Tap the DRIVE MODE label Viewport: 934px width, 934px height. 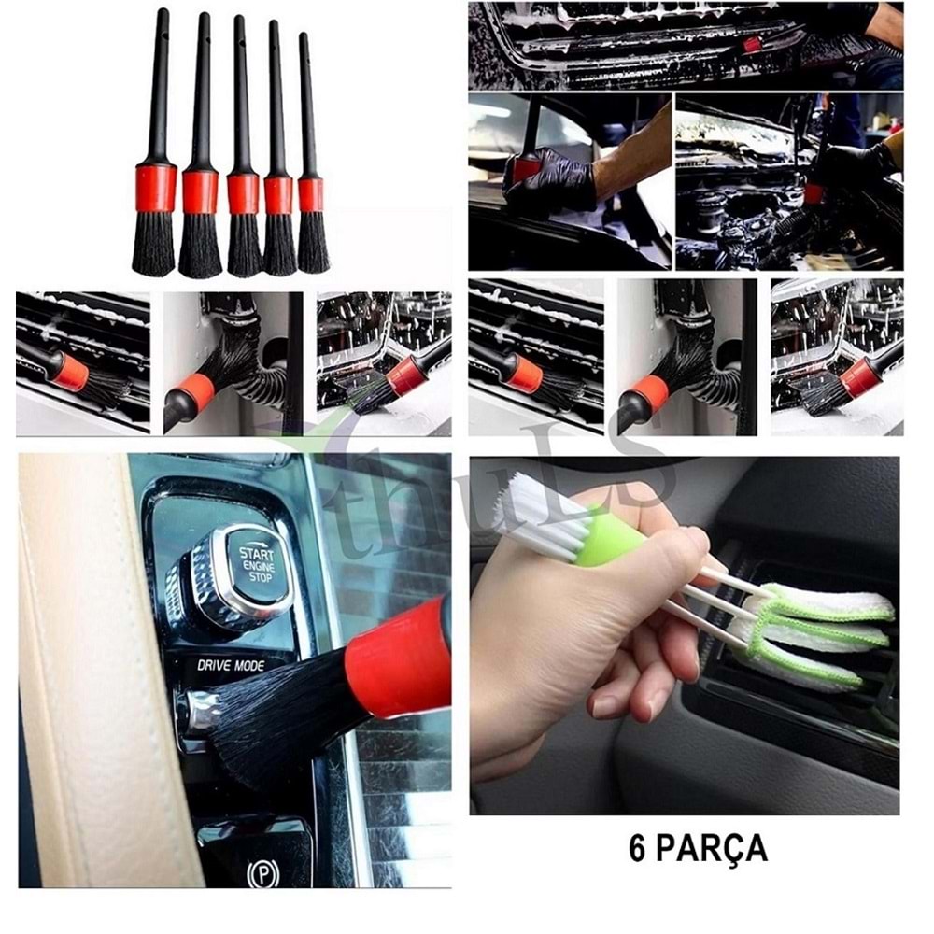(230, 666)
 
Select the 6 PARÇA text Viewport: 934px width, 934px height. (698, 848)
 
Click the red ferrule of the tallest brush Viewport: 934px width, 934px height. (155, 188)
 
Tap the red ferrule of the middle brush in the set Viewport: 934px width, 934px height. (243, 193)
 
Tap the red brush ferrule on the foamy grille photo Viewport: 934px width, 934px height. (752, 43)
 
